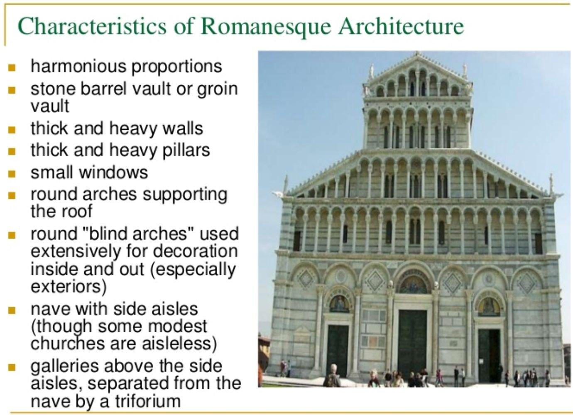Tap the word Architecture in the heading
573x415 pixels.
tap(401, 26)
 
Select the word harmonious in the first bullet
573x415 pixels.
tap(78, 66)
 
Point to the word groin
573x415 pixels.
tap(217, 90)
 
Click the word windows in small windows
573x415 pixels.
tap(114, 172)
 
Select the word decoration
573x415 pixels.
tap(195, 251)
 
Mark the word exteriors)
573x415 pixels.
tap(69, 287)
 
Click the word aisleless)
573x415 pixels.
tap(179, 343)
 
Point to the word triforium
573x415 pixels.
tap(148, 401)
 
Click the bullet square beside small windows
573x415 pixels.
tap(12, 174)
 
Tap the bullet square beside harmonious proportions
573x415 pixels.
tap(12, 68)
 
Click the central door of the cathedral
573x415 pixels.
tap(412, 344)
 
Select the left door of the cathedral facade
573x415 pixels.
tap(338, 351)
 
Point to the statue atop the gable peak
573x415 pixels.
tap(417, 53)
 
